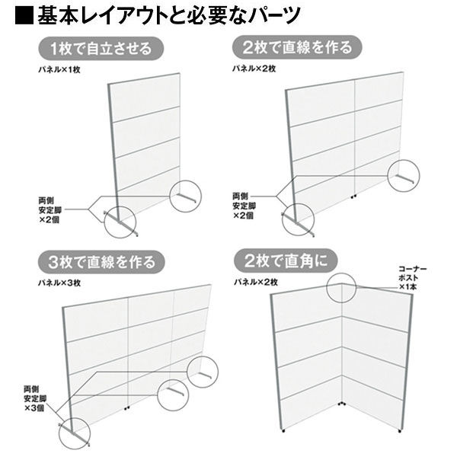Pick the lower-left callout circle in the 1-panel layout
[120, 221]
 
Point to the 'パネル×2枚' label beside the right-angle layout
[256, 283]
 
